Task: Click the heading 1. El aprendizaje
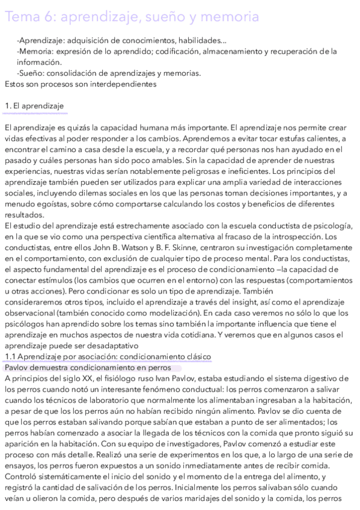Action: (x=34, y=106)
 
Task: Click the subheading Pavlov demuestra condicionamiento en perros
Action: (x=87, y=367)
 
